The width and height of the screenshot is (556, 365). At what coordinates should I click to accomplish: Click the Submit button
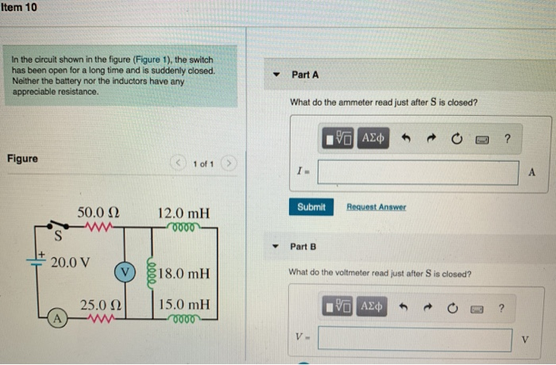[311, 207]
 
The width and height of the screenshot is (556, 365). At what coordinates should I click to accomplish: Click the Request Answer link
[376, 207]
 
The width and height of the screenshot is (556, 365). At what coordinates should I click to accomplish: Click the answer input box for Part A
[419, 172]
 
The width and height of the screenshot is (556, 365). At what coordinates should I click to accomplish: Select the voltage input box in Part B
[416, 340]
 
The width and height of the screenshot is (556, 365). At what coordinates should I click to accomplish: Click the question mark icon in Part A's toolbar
[507, 140]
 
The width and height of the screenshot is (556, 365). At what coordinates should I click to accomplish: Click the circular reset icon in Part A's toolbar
[457, 140]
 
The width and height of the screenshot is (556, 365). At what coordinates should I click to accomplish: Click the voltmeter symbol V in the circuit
[125, 271]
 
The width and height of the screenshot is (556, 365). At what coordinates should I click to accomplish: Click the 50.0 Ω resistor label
[98, 213]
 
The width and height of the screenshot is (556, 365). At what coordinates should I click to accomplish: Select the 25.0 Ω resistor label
[98, 304]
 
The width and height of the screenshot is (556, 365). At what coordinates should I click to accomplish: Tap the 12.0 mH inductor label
[183, 213]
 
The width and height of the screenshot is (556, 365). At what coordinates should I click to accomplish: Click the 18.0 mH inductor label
[184, 275]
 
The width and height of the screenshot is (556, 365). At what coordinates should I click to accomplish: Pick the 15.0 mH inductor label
[184, 304]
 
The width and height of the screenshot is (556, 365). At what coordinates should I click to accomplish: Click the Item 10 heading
[19, 7]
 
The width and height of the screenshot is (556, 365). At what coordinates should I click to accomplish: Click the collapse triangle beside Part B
[277, 246]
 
